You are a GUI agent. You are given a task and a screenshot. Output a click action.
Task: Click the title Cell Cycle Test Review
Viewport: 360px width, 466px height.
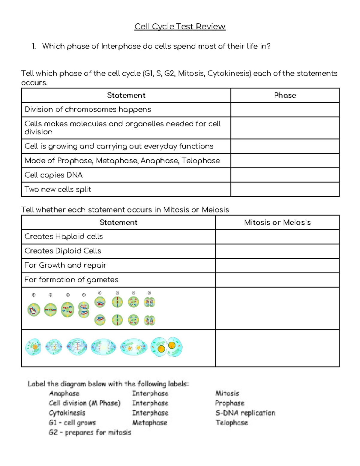180,27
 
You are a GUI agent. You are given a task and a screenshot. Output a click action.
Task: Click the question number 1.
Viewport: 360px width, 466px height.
34,46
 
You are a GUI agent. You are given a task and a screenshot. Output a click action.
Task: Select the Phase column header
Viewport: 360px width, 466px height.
285,95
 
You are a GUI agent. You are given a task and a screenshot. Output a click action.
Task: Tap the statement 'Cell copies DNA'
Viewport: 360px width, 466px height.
53,175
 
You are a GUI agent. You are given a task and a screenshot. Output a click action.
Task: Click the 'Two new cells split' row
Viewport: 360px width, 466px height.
58,189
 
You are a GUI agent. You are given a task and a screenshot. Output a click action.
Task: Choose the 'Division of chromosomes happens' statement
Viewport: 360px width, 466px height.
88,110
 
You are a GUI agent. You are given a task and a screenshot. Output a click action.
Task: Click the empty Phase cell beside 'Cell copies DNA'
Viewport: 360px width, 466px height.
285,175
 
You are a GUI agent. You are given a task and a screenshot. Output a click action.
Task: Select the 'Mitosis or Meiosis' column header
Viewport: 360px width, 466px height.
277,222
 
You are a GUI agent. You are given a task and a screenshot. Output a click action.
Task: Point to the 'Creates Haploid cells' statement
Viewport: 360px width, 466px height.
64,236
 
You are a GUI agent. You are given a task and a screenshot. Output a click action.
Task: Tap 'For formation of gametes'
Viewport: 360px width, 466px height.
71,280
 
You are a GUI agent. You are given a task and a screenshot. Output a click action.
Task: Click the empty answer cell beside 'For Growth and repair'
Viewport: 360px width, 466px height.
277,265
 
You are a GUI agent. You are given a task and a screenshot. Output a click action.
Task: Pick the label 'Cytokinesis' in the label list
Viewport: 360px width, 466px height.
67,413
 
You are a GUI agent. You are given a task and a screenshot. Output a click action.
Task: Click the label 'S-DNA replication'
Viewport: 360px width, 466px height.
245,413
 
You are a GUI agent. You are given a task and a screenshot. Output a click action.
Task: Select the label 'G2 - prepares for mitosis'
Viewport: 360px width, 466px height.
90,432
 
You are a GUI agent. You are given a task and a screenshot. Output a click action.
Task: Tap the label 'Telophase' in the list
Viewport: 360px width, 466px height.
232,422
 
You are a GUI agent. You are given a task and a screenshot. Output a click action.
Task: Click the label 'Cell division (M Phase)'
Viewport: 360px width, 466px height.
85,403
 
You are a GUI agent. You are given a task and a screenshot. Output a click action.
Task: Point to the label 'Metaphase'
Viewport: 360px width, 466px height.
149,422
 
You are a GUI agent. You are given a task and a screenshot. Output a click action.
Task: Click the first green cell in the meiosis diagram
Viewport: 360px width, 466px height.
34,310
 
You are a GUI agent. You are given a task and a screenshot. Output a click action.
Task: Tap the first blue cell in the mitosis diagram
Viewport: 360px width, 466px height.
33,347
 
